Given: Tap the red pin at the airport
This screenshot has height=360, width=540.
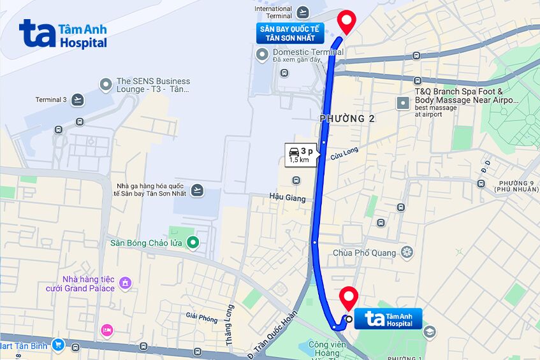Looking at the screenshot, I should coord(346,22).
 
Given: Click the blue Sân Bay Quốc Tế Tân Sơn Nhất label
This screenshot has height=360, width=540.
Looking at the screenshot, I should coord(289,33).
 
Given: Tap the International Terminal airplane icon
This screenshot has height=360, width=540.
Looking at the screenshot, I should coord(302,12).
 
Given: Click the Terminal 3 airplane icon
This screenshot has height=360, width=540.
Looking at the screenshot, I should coord(77,99).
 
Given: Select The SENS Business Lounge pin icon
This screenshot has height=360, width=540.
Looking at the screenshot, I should coord(106,85).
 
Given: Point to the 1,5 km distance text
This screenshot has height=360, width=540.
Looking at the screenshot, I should coord(299,160).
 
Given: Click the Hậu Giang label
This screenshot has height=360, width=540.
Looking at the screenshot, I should coord(287,198).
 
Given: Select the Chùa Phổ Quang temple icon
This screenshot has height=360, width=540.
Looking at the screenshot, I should coord(407,253).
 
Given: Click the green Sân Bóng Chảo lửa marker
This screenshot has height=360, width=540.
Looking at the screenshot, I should coord(193,242).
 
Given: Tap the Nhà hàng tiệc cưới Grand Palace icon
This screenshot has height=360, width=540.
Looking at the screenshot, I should coord(126,282).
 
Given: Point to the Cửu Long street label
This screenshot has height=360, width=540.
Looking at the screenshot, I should coord(344,154).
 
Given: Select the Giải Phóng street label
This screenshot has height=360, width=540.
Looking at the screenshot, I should coord(201,316).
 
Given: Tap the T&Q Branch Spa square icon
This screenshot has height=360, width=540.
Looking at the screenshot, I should coord(403,103).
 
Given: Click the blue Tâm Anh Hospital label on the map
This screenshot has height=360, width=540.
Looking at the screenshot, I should coord(388,319).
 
